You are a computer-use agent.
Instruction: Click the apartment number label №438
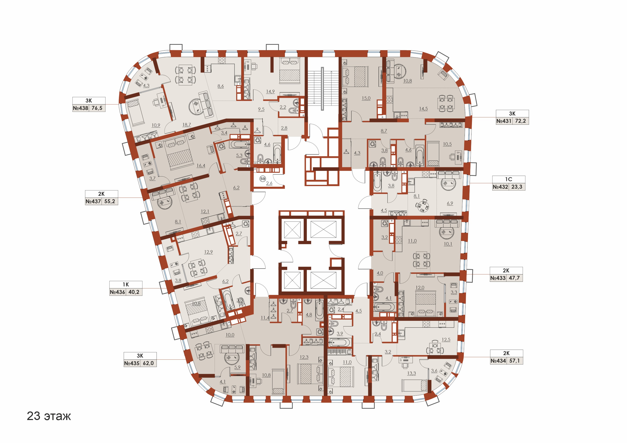pyautogui.click(x=80, y=108)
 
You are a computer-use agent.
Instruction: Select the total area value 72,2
pyautogui.click(x=520, y=121)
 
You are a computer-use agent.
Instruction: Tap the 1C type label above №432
pyautogui.click(x=508, y=179)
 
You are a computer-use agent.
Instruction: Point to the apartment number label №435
pyautogui.click(x=132, y=363)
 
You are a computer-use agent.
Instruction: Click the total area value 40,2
pyautogui.click(x=134, y=292)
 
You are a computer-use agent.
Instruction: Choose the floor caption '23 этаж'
pyautogui.click(x=49, y=416)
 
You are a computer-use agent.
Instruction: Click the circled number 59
pyautogui.click(x=263, y=179)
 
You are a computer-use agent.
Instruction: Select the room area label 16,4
pyautogui.click(x=201, y=166)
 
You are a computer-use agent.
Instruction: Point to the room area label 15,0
pyautogui.click(x=366, y=98)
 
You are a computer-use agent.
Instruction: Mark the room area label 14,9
pyautogui.click(x=270, y=92)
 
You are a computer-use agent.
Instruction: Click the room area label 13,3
pyautogui.click(x=412, y=373)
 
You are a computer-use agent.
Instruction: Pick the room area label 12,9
pyautogui.click(x=208, y=252)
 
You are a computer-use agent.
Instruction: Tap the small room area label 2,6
pyautogui.click(x=269, y=183)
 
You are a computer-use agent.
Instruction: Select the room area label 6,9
pyautogui.click(x=450, y=203)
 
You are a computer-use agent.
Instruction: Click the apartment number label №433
pyautogui.click(x=498, y=278)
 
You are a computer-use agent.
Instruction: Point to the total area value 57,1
pyautogui.click(x=515, y=361)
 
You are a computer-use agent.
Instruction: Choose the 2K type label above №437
pyautogui.click(x=101, y=194)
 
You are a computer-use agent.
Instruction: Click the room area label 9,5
pyautogui.click(x=261, y=109)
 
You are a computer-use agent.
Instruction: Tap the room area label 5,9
pyautogui.click(x=237, y=367)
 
